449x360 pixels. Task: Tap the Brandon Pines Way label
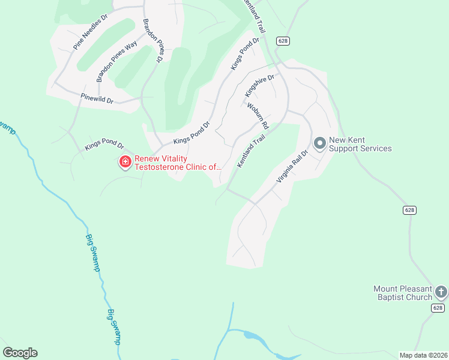(x=117, y=60)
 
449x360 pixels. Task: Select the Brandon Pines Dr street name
(x=153, y=40)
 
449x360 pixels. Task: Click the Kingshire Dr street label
(x=259, y=86)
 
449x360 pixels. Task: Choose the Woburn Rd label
(x=258, y=115)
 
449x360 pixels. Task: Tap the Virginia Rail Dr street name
(x=292, y=166)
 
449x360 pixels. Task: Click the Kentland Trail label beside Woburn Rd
(x=251, y=151)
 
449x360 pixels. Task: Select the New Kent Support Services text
(x=360, y=145)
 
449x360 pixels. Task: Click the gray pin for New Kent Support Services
(x=320, y=143)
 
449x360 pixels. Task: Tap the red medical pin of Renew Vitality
(x=125, y=162)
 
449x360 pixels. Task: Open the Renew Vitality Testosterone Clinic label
(x=178, y=163)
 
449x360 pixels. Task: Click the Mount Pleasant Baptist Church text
(x=403, y=293)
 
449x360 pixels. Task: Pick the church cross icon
(x=441, y=292)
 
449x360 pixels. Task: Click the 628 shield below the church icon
(x=438, y=308)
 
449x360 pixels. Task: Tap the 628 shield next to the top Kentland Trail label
(x=283, y=40)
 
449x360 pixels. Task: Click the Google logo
(x=20, y=353)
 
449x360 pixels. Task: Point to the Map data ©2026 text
(x=423, y=355)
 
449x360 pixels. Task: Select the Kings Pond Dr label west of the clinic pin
(x=104, y=146)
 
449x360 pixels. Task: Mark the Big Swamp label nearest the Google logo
(x=114, y=326)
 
